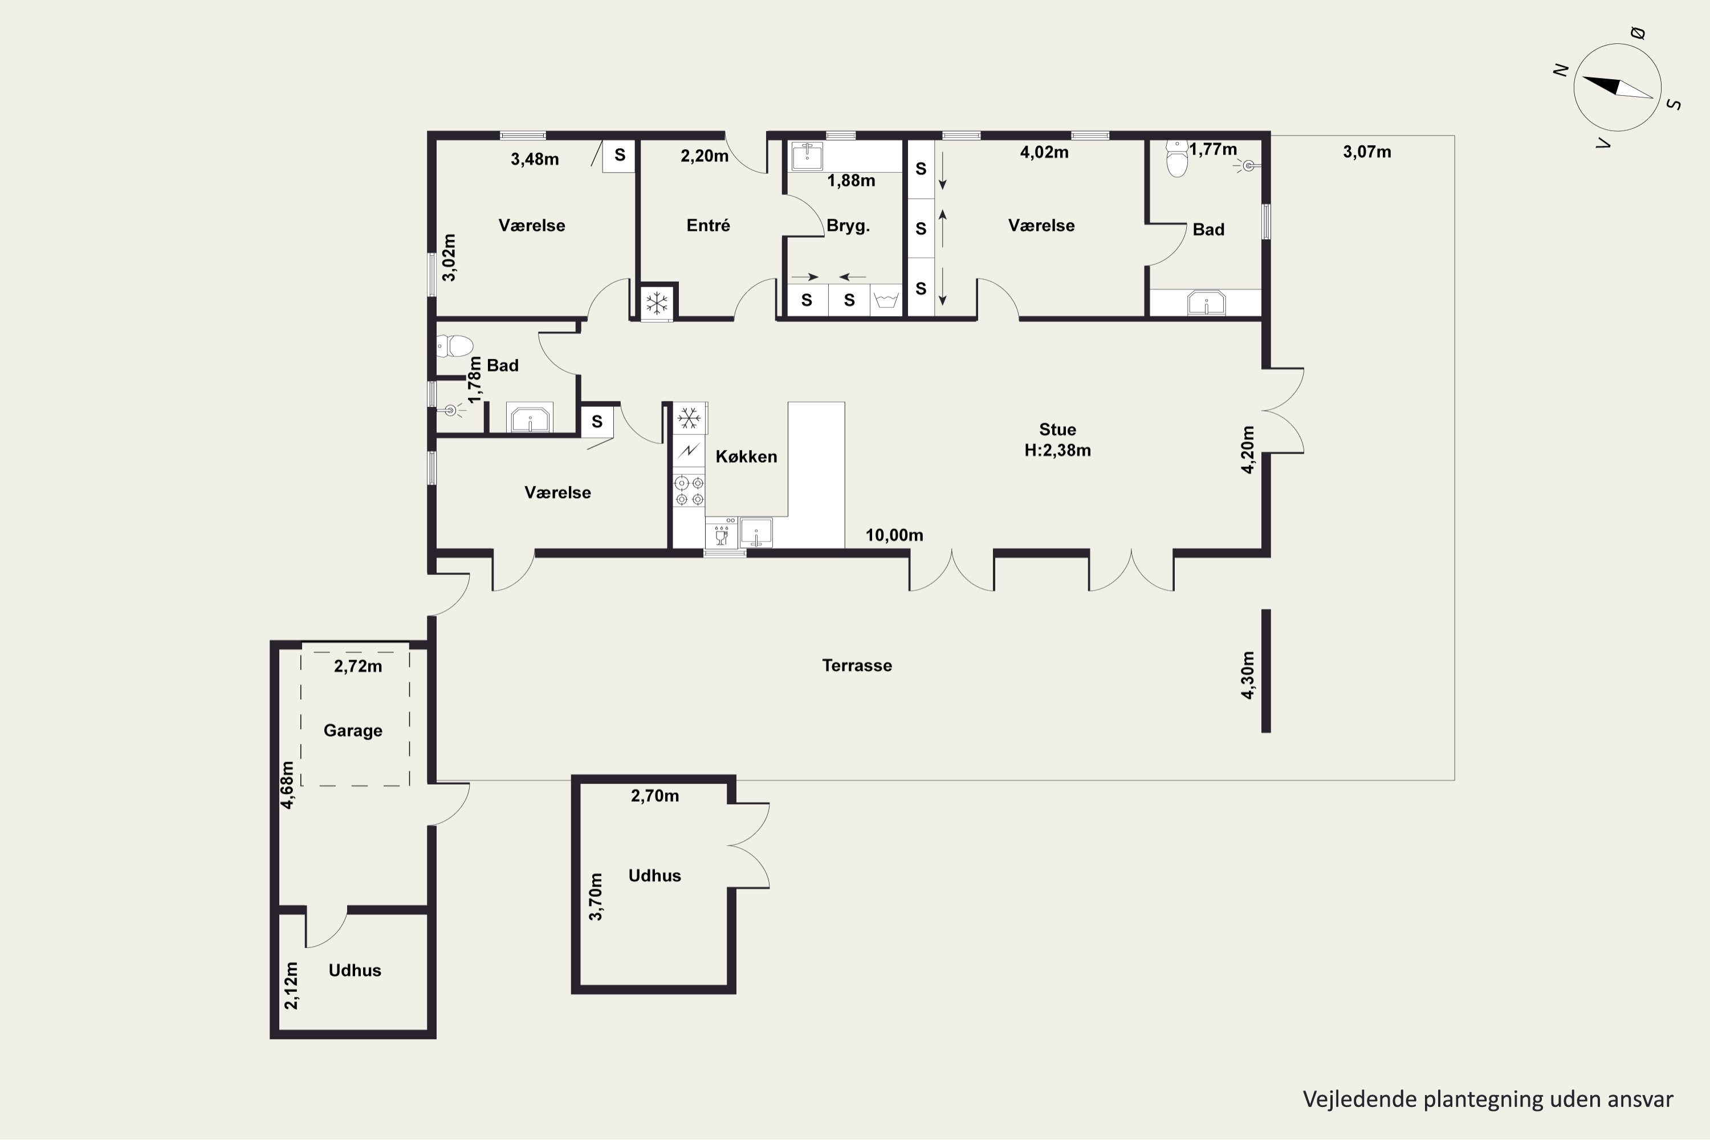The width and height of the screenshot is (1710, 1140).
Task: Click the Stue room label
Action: (x=1057, y=429)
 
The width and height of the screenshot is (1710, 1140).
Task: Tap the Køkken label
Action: (x=746, y=457)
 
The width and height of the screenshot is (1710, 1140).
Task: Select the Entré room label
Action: (x=708, y=225)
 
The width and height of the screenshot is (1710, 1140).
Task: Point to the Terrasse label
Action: (x=857, y=665)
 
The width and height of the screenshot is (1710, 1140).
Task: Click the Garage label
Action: (x=353, y=731)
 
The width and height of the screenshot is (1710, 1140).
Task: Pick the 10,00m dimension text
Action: (x=894, y=535)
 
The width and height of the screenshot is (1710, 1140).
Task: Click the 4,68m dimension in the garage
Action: (x=288, y=785)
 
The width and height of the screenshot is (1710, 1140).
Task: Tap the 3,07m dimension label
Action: (x=1367, y=152)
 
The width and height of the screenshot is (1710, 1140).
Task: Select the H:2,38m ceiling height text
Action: (x=1057, y=451)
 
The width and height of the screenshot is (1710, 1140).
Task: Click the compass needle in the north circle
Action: (x=1617, y=87)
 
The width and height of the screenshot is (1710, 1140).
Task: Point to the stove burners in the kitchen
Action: (x=689, y=491)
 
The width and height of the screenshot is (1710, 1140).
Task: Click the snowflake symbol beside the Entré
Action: (x=657, y=303)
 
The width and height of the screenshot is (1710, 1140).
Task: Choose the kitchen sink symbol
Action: (x=756, y=532)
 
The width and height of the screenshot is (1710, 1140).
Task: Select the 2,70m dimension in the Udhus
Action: (x=654, y=796)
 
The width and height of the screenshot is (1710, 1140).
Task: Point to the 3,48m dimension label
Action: (x=535, y=159)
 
